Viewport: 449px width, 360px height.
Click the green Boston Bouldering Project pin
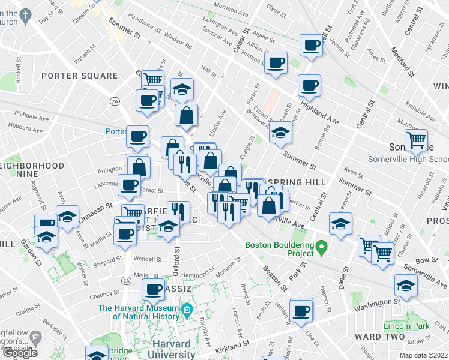tap(322, 246)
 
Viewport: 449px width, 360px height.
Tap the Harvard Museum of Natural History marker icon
tap(187, 311)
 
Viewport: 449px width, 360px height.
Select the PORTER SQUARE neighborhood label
tap(79, 76)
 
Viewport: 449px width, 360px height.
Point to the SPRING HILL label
tap(297, 182)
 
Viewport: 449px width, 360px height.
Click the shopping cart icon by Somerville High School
tap(416, 141)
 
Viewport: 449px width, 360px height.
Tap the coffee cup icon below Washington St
tap(301, 310)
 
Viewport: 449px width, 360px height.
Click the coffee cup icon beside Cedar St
tap(276, 62)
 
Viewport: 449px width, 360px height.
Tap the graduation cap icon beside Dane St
tap(340, 224)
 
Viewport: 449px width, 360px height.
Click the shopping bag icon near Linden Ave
tap(187, 115)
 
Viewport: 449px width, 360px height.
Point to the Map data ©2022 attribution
tap(423, 355)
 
